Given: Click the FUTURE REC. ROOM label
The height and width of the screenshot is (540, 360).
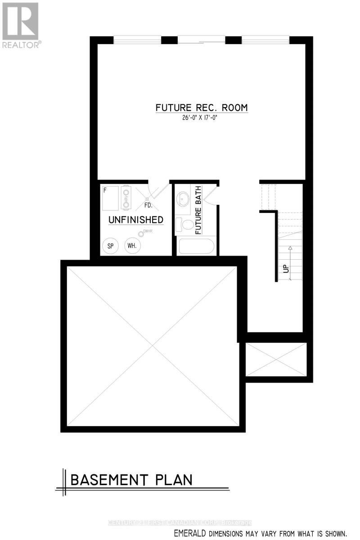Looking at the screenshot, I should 202,108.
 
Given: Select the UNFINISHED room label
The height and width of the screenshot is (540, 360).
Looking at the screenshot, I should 135,220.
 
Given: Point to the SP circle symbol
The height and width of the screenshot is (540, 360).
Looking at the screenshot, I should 110,246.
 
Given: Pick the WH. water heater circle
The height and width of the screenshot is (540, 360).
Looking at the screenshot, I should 132,246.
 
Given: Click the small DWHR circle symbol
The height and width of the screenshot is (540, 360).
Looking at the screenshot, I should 140,234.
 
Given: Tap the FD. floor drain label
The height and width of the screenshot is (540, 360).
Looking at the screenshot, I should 148,206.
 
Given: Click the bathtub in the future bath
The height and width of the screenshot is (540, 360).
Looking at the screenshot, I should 197,247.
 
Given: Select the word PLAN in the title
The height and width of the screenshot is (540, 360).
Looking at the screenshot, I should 174,480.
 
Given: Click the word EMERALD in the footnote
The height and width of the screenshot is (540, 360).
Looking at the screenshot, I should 189,533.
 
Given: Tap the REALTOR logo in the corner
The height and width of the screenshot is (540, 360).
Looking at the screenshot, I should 21,25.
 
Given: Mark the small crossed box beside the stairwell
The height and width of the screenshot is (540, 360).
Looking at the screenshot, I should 276,359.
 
